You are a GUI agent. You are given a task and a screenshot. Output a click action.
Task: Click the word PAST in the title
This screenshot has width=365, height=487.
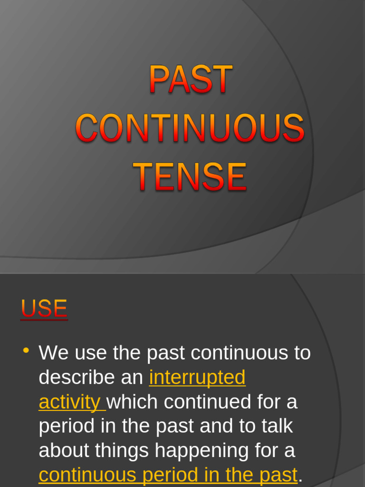(191, 79)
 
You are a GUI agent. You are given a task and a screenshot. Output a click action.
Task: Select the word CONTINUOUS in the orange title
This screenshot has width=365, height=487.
(190, 128)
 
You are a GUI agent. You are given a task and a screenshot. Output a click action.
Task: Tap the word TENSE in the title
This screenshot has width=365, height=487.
(190, 176)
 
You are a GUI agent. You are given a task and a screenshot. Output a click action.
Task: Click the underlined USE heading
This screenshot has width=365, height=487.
(44, 309)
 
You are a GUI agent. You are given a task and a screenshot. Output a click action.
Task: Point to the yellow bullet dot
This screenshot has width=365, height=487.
(26, 351)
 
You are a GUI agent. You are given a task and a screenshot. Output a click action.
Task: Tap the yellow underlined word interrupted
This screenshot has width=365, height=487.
(197, 378)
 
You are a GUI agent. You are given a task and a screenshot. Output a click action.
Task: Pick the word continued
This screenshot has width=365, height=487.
(208, 402)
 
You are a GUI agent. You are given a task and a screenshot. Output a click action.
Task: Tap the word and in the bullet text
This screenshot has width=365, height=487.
(216, 427)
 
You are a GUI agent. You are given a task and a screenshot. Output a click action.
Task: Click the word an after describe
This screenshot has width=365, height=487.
(132, 378)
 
